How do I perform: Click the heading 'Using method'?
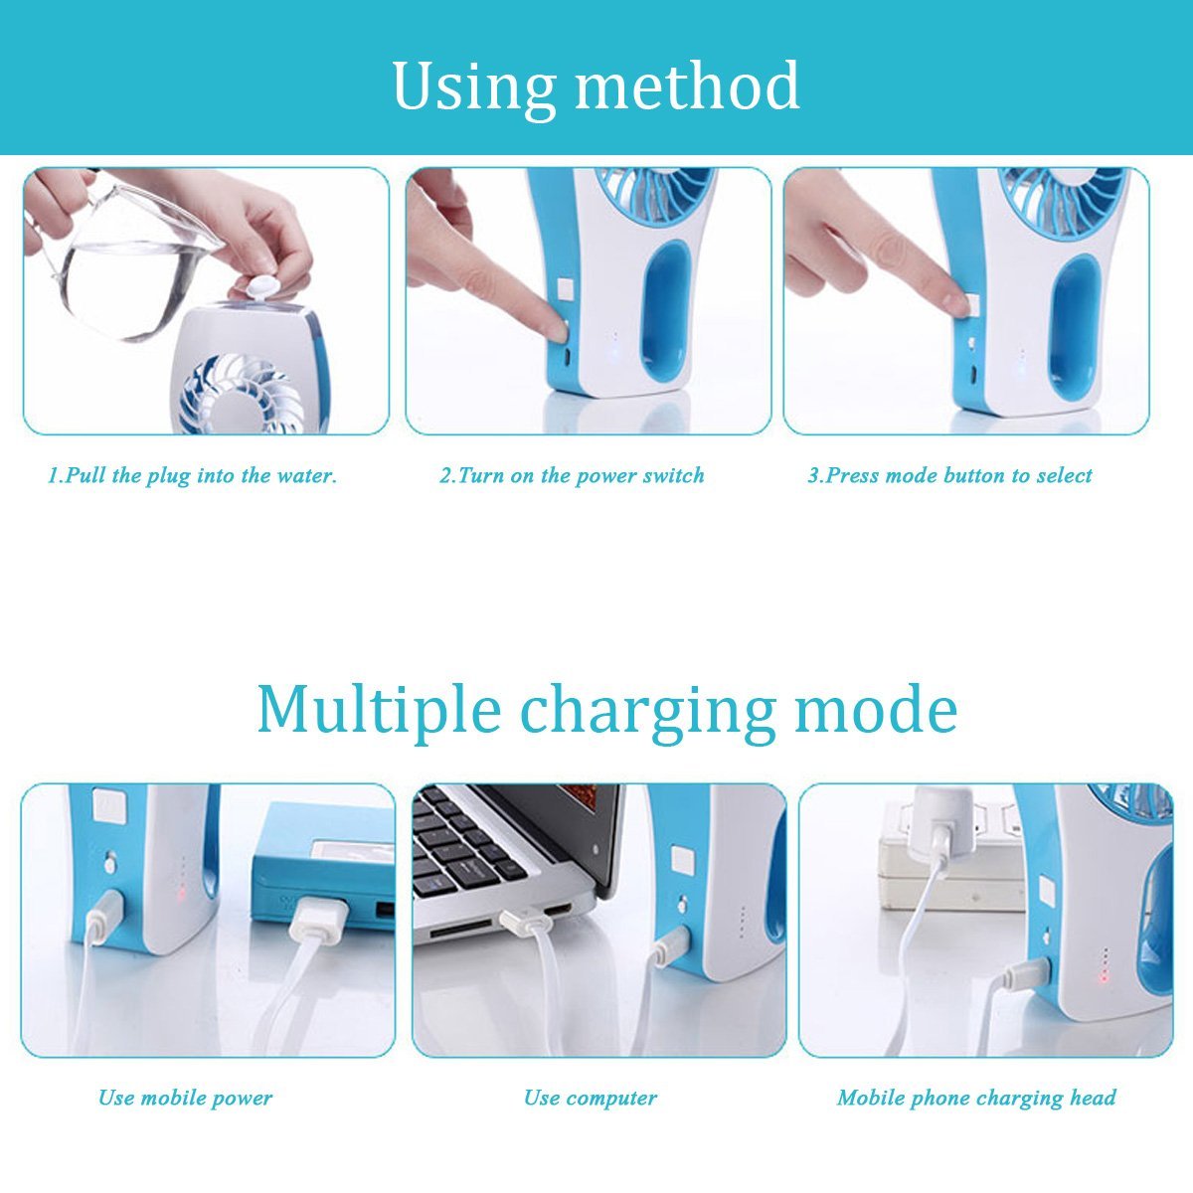pos(596,86)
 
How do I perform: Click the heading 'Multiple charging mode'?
pos(606,709)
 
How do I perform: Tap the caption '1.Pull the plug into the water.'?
pos(193,475)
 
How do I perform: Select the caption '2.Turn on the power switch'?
pos(572,475)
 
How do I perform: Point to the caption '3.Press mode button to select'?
pos(949,475)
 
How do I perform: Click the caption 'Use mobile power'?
pos(185,1098)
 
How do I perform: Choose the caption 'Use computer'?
pos(591,1098)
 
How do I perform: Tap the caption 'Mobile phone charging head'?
pos(976,1098)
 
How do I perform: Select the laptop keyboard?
pos(467,845)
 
